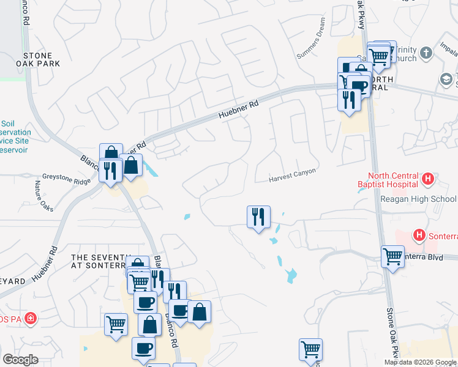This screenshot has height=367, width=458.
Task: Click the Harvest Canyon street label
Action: pos(293,176)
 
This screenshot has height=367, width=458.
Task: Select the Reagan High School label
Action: pos(418,199)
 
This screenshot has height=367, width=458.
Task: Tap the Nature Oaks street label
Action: pos(43,195)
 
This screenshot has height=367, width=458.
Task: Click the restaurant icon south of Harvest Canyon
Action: pos(258,217)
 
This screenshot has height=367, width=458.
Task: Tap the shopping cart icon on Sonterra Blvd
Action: pos(392,256)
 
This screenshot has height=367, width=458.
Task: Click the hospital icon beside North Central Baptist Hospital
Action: pos(428,179)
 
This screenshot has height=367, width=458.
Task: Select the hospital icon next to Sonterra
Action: pos(419,234)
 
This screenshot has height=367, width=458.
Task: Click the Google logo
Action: pos(20,360)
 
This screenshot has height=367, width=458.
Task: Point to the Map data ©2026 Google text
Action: pos(420,362)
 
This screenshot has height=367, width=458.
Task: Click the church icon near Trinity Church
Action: pos(427,54)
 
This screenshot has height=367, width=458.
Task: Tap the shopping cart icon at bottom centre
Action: pos(311,350)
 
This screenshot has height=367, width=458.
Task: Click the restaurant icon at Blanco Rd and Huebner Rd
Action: pos(110,169)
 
